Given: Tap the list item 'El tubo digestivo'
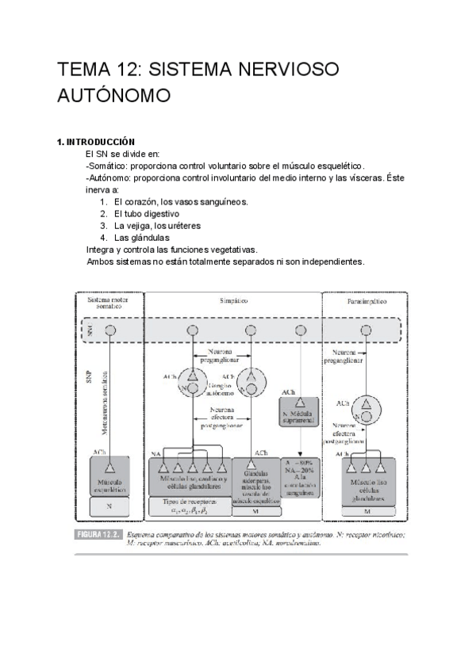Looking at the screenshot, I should click(x=146, y=214).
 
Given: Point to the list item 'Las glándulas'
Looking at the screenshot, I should click(x=141, y=237).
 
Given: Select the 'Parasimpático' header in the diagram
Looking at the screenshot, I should click(x=366, y=303).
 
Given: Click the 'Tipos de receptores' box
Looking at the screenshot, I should click(x=189, y=506).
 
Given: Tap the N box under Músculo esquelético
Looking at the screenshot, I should click(x=110, y=505).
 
